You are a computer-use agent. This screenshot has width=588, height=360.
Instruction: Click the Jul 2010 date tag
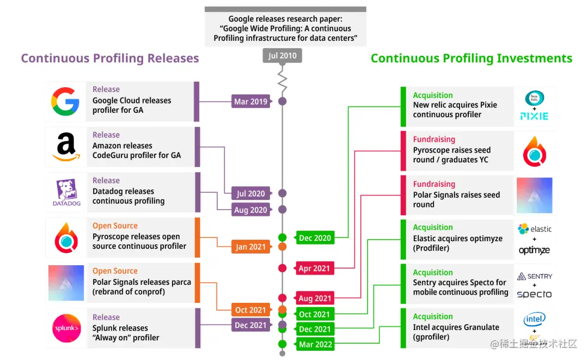click(x=282, y=56)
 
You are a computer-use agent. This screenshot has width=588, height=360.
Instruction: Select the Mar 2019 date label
click(x=251, y=101)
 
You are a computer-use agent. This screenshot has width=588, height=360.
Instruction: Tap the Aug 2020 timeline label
click(x=251, y=210)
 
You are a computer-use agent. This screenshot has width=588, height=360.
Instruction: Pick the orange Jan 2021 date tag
click(x=250, y=247)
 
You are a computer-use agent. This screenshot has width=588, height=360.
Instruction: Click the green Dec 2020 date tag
click(x=315, y=238)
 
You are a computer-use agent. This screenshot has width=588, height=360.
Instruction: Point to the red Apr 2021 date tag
click(x=314, y=268)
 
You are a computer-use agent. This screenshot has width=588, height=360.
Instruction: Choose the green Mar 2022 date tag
click(x=314, y=344)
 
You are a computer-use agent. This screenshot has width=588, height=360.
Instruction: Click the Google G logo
click(x=65, y=101)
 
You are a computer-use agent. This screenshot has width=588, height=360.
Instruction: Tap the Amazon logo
click(x=66, y=148)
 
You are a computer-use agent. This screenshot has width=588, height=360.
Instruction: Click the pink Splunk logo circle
click(x=66, y=328)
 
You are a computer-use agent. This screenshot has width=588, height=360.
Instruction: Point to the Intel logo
click(x=534, y=319)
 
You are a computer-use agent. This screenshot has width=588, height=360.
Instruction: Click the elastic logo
click(x=534, y=229)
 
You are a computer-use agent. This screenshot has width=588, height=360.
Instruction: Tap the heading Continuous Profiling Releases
click(x=110, y=58)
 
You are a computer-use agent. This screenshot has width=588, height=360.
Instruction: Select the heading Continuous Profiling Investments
click(x=471, y=58)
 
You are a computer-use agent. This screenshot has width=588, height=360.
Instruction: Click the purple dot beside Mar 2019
click(x=282, y=101)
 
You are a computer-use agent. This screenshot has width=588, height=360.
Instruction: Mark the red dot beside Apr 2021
click(x=282, y=268)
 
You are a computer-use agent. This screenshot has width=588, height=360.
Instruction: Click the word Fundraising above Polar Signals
click(x=434, y=184)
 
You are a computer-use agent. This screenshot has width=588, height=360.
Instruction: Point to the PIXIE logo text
click(x=534, y=116)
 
